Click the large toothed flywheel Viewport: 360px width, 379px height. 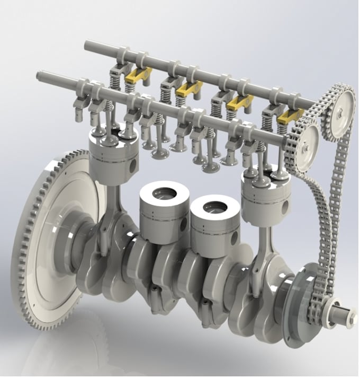coord(40,249)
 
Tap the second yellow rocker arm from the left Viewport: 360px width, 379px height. coord(188,88)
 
